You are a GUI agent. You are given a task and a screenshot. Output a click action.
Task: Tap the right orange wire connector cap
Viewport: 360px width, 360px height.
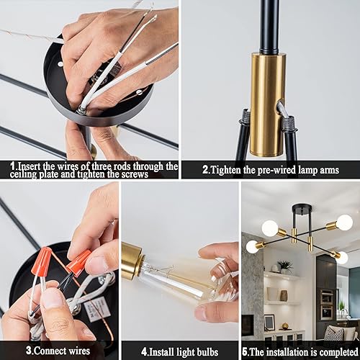[x=78, y=261]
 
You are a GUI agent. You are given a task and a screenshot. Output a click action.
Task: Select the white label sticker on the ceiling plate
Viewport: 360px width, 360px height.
[x=96, y=310]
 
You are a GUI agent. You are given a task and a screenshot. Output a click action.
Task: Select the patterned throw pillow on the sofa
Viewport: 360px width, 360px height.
[x=333, y=333]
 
